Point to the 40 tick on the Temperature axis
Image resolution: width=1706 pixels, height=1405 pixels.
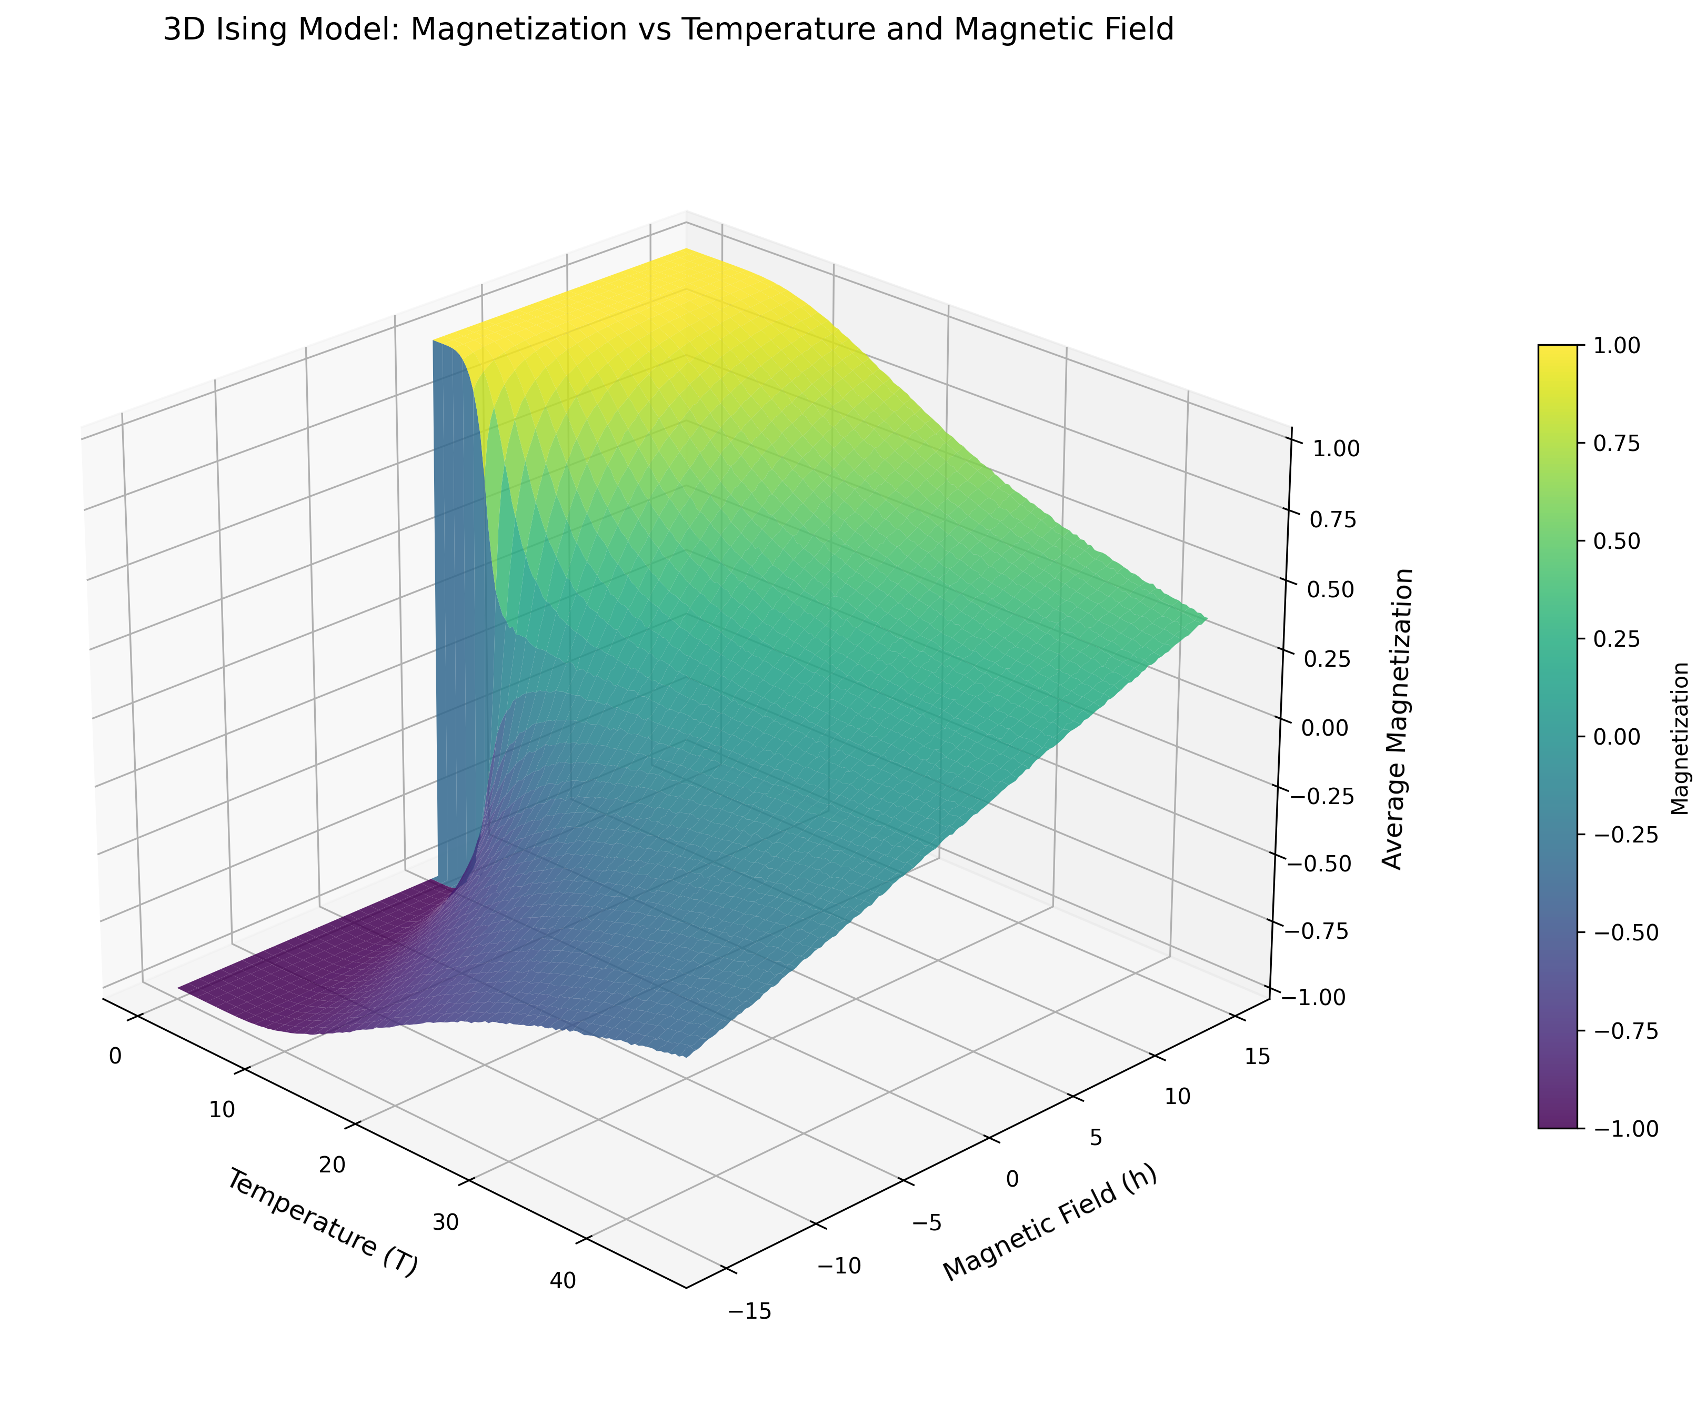[563, 1280]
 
